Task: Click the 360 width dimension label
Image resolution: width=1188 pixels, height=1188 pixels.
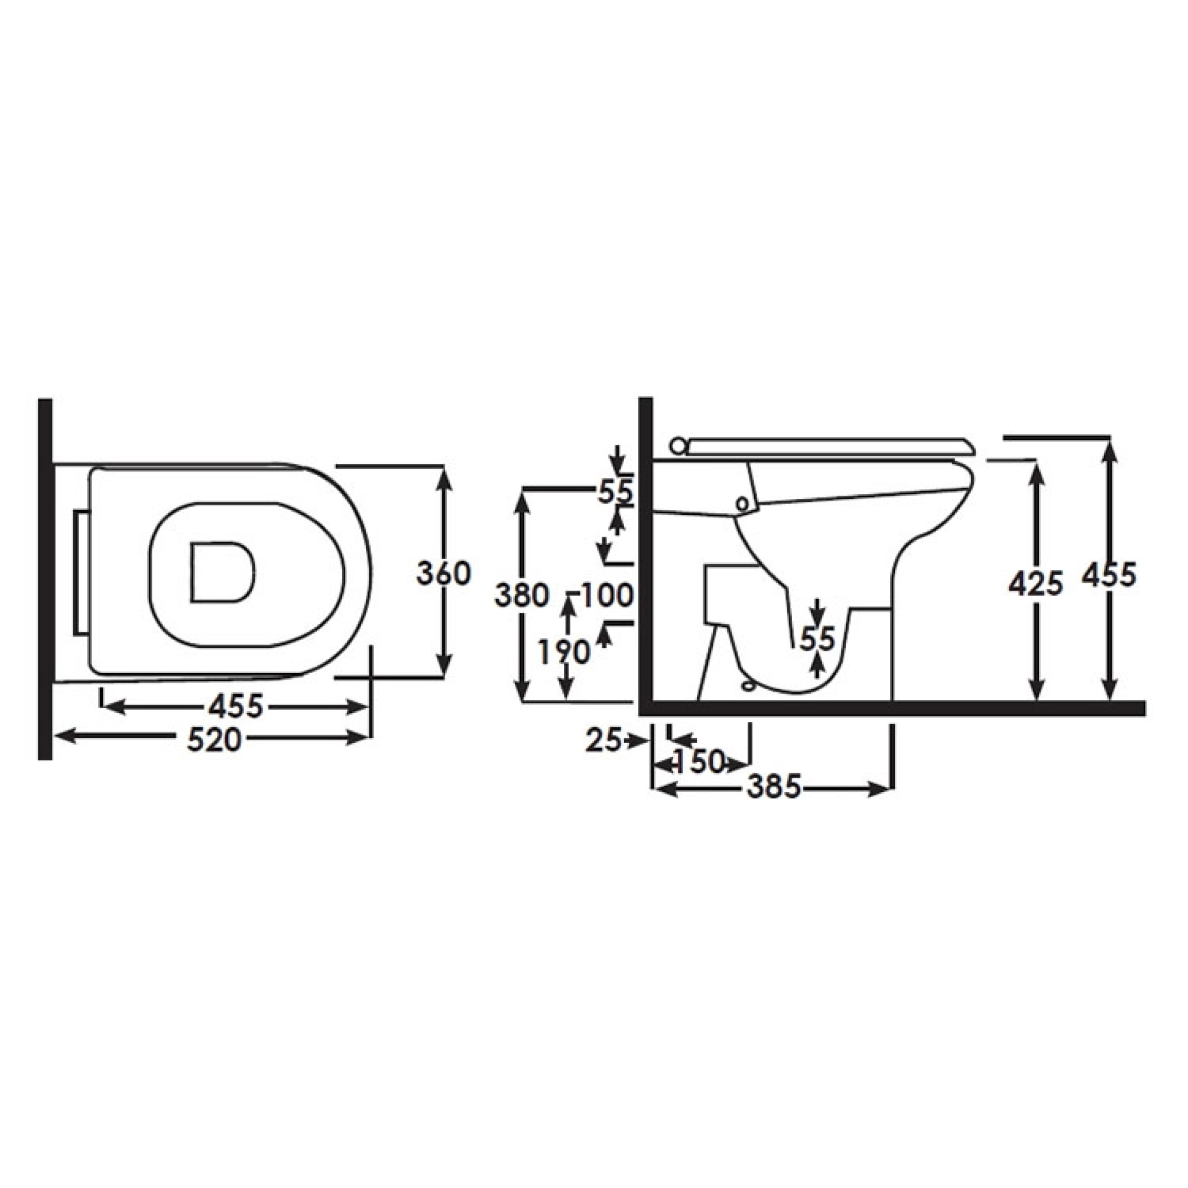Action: pos(443,574)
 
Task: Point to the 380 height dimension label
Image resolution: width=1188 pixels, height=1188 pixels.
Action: pos(521,596)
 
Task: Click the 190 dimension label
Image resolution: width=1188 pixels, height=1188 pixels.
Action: pos(563,653)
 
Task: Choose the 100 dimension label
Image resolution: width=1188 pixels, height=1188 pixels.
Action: pos(606,595)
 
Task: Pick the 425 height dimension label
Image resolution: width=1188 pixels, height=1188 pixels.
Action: pos(1036,584)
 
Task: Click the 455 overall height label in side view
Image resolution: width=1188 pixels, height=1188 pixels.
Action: pos(1109,576)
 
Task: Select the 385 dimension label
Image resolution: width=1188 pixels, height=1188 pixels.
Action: pos(774,787)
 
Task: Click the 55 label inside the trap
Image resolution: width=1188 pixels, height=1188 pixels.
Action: pos(817,639)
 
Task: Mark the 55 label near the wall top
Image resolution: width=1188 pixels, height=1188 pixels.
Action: pos(615,492)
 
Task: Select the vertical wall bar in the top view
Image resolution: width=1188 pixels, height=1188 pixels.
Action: pos(45,579)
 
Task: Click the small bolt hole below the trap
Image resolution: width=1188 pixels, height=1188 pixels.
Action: pos(748,684)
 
